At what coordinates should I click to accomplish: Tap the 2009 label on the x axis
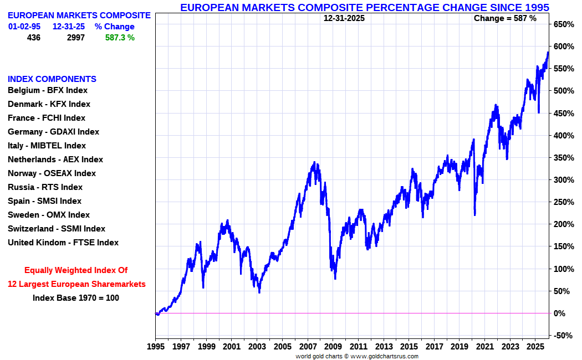click(x=333, y=347)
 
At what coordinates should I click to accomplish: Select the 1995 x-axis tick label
click(x=155, y=347)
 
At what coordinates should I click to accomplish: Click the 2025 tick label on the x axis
click(x=535, y=347)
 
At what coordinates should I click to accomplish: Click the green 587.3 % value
click(x=120, y=38)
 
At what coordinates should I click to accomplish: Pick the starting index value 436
click(x=33, y=38)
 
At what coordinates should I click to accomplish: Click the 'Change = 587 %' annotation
click(x=505, y=18)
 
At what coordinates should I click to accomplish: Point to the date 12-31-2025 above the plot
click(x=344, y=18)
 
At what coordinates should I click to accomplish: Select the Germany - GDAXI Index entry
click(x=53, y=132)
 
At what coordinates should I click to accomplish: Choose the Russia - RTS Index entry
click(x=45, y=187)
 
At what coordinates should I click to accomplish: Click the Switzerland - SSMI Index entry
click(x=56, y=229)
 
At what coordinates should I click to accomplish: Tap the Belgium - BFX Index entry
click(x=48, y=90)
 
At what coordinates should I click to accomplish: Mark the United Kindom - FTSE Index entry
click(x=63, y=243)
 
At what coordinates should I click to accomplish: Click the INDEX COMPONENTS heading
click(x=52, y=79)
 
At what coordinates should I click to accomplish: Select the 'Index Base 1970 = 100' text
click(x=76, y=297)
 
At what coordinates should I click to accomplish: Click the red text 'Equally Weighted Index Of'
click(x=76, y=270)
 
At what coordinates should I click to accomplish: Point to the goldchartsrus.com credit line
click(x=357, y=356)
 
